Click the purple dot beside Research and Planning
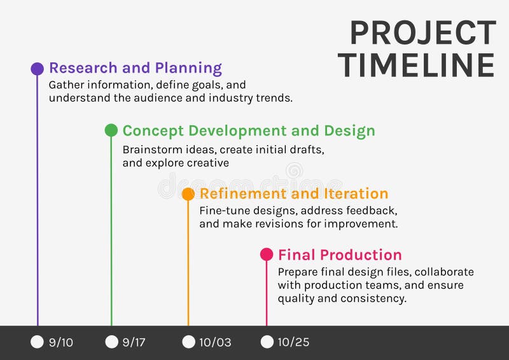(x=38, y=69)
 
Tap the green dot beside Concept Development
(x=111, y=130)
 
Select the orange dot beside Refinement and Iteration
(x=188, y=194)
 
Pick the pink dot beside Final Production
(x=267, y=254)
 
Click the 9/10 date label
(x=61, y=342)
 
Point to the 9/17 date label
(x=134, y=342)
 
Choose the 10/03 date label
(x=215, y=342)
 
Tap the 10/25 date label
(x=293, y=342)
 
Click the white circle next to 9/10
(x=38, y=342)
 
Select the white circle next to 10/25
(x=267, y=342)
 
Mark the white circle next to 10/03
(x=188, y=342)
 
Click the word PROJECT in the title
(x=422, y=33)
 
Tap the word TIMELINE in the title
(x=416, y=65)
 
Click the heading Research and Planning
(x=136, y=68)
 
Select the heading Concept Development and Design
(x=249, y=131)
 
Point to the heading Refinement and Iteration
(x=294, y=193)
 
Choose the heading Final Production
(x=340, y=255)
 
